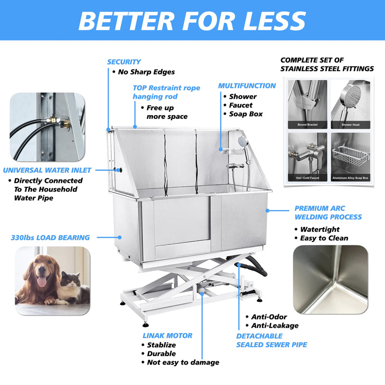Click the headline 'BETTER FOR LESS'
[x=192, y=20]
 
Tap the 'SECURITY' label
[x=124, y=62]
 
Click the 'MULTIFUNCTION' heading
[x=247, y=86]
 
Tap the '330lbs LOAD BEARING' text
[x=50, y=237]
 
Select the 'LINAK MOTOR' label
[x=167, y=335]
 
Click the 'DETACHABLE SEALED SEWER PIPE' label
[x=271, y=340]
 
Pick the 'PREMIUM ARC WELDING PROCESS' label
[x=328, y=213]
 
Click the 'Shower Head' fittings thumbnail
[x=350, y=103]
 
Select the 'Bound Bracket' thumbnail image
[x=308, y=103]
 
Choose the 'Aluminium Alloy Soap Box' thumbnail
[x=350, y=156]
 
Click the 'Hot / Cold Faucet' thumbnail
[x=308, y=156]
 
